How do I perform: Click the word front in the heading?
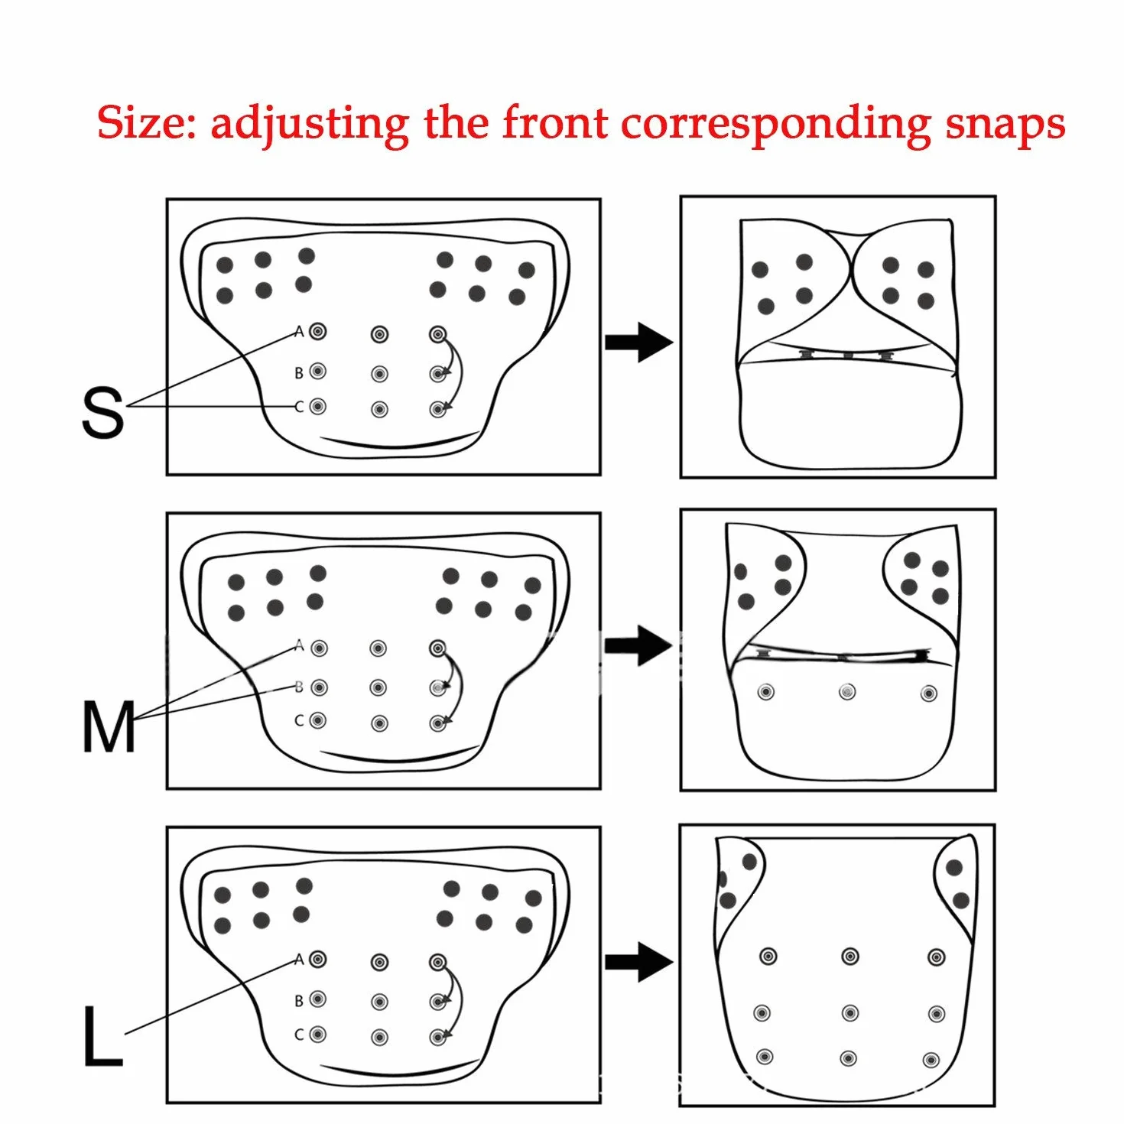coord(555,122)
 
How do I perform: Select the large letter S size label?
coord(102,414)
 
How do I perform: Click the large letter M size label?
coord(109,726)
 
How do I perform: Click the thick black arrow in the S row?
coord(638,343)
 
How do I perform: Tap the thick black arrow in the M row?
coord(638,645)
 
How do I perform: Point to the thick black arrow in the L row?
coord(638,962)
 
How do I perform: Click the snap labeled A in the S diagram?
coord(317,331)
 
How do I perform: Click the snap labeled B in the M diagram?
coord(319,687)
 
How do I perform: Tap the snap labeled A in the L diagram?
coord(317,958)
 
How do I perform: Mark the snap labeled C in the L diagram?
coord(317,1035)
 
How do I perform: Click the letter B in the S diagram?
coord(299,372)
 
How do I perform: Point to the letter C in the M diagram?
coord(299,721)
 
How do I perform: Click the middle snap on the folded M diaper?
coord(847,692)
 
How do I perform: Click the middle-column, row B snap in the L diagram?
coord(379,1002)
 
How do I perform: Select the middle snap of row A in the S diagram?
coord(379,334)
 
